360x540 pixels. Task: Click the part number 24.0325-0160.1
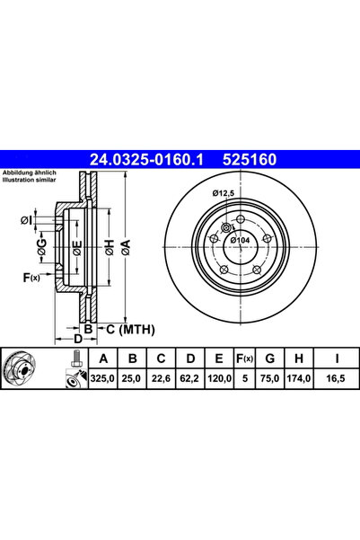click(x=146, y=160)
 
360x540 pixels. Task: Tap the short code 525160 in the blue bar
click(x=250, y=160)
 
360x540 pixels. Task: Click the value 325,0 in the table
click(x=102, y=378)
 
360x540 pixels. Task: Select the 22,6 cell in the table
click(x=161, y=378)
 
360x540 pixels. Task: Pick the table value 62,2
click(x=189, y=378)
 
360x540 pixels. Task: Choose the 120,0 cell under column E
click(x=219, y=378)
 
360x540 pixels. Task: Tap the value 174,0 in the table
click(x=299, y=378)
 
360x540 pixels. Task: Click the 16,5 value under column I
click(x=336, y=378)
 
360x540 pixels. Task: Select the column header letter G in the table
click(x=270, y=359)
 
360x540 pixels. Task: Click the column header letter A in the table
click(x=103, y=359)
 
